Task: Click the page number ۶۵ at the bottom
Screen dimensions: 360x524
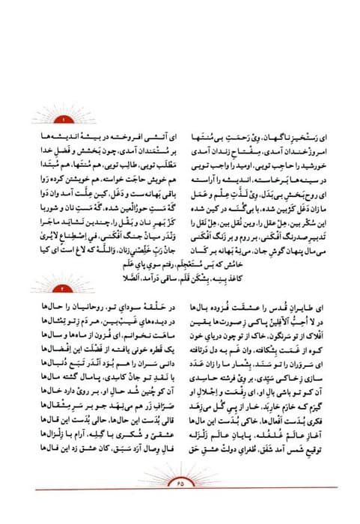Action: click(180, 503)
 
